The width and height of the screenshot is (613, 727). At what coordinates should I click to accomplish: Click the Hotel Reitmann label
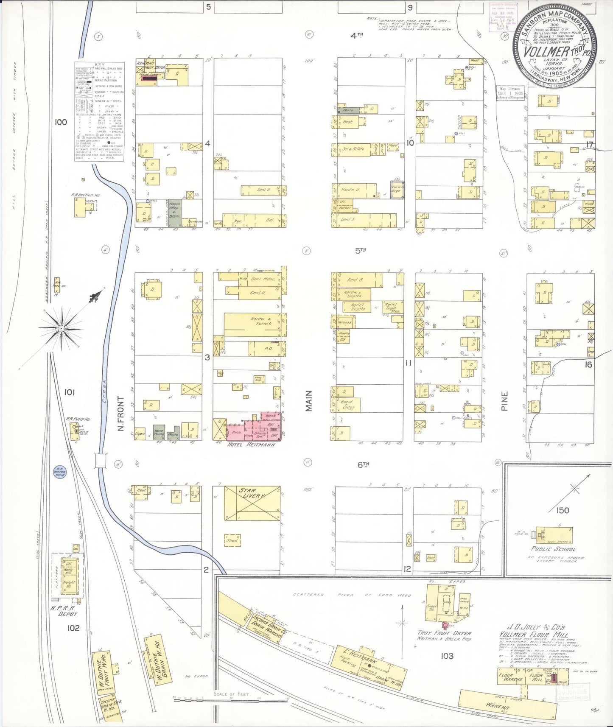[x=251, y=445]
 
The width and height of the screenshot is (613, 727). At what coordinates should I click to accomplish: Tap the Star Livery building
[x=252, y=502]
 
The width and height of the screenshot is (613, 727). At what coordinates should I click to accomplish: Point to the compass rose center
[x=62, y=328]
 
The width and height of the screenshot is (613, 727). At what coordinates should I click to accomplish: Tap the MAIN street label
[x=309, y=400]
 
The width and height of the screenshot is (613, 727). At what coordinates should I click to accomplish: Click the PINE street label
[x=504, y=401]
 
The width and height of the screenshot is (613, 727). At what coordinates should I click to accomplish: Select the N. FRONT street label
[x=121, y=414]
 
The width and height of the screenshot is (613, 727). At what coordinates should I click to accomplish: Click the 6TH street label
[x=363, y=464]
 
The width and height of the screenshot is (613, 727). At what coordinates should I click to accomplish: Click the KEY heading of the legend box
[x=99, y=65]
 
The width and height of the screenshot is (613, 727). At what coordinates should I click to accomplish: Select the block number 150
[x=562, y=510]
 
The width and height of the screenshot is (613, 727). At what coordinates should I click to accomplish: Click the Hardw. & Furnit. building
[x=252, y=325]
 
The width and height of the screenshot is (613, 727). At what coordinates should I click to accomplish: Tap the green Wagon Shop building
[x=175, y=213]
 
